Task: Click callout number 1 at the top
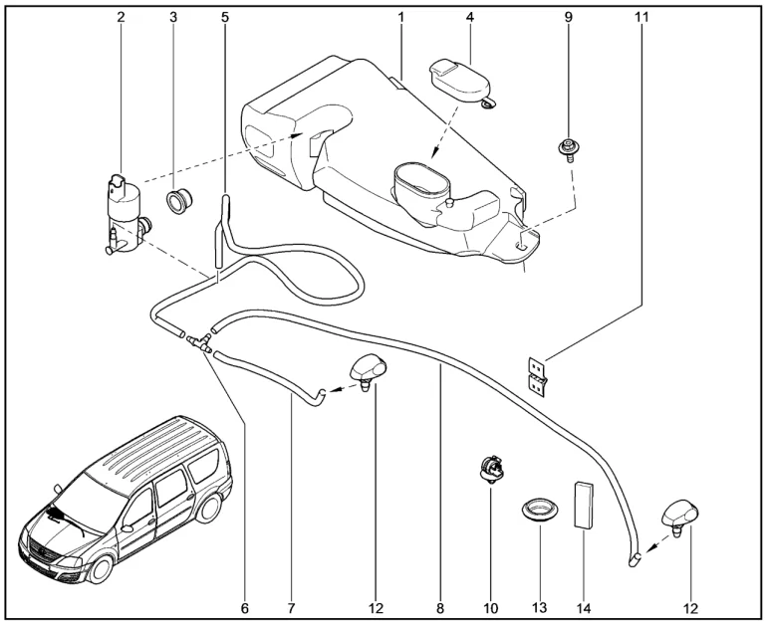(401, 18)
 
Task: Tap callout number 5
(225, 18)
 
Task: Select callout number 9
(569, 18)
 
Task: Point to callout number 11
(640, 18)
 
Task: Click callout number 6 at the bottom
(245, 606)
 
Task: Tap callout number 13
(540, 606)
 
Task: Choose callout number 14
(583, 606)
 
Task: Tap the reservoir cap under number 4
(459, 80)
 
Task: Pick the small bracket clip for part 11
(538, 374)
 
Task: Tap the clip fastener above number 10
(490, 466)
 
